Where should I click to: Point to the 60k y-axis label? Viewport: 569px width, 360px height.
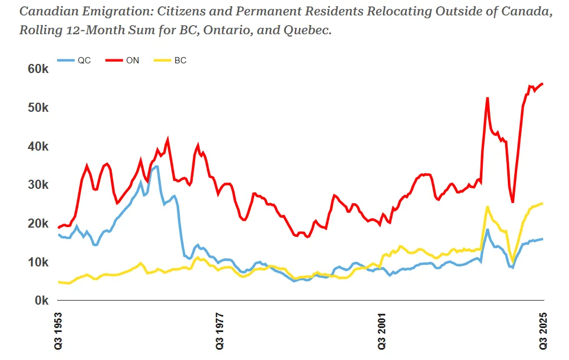click(x=38, y=69)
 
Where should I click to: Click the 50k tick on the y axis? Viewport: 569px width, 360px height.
click(x=38, y=108)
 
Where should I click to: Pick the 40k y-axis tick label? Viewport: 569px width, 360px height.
click(x=38, y=147)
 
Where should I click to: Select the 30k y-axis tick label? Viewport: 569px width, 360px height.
click(x=38, y=185)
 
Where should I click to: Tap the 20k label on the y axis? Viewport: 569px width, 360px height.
click(x=38, y=224)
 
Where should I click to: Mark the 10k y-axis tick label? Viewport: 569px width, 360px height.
click(x=38, y=262)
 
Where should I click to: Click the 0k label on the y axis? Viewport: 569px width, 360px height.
click(x=41, y=301)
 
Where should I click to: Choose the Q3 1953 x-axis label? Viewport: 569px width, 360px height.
click(x=59, y=330)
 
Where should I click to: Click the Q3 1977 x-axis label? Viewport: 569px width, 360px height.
click(x=220, y=330)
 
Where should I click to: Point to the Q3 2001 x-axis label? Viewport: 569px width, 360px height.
click(x=382, y=330)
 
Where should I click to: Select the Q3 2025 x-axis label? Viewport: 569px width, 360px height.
click(x=543, y=330)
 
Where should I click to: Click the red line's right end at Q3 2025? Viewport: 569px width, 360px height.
click(x=543, y=84)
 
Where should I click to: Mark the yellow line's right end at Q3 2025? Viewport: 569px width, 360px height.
click(x=543, y=203)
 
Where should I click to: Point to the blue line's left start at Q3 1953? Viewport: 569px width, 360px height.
click(x=59, y=234)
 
